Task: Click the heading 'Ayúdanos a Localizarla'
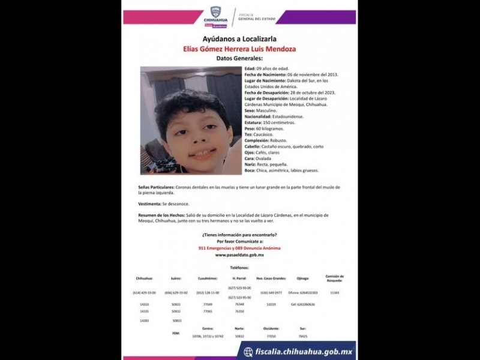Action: pos(239,39)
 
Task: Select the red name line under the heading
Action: pos(239,49)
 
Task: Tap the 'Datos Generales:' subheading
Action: pos(239,58)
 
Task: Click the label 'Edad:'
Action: pos(250,68)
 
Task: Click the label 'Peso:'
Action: pos(250,128)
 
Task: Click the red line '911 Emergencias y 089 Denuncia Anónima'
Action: pos(239,248)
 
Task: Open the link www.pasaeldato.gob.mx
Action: pos(239,255)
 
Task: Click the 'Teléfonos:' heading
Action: pos(239,268)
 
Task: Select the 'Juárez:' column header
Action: pos(176,278)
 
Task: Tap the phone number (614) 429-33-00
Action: pos(144,292)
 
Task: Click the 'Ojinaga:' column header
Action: pos(302,278)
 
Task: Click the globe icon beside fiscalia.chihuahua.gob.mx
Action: pos(248,352)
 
